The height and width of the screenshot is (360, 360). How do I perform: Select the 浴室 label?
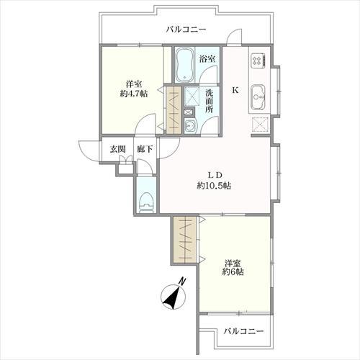(x=207, y=58)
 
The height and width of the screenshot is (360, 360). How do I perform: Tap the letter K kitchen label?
(x=235, y=91)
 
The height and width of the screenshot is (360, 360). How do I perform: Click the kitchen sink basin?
(x=259, y=94)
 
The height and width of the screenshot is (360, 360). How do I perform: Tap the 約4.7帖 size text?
(x=134, y=94)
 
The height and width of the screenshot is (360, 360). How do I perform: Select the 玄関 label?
(x=117, y=149)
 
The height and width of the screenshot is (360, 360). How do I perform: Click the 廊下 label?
(x=144, y=149)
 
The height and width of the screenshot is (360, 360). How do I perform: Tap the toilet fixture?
(x=146, y=201)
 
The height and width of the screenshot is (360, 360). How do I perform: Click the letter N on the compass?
(x=183, y=281)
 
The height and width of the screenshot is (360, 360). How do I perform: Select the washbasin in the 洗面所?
(x=189, y=127)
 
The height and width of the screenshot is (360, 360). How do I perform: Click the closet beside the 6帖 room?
(x=183, y=239)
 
